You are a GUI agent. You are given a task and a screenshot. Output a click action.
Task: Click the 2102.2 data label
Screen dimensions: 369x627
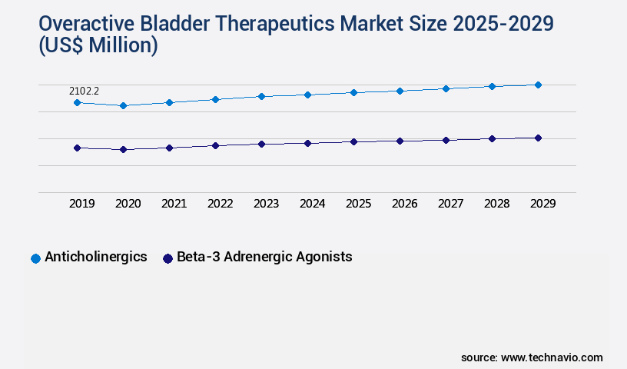(x=85, y=91)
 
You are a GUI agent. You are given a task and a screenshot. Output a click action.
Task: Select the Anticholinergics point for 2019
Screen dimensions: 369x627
(x=77, y=102)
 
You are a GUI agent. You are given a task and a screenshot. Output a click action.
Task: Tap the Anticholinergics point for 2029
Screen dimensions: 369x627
(x=538, y=85)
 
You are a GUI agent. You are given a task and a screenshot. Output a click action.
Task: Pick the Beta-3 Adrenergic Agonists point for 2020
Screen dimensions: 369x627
(x=123, y=149)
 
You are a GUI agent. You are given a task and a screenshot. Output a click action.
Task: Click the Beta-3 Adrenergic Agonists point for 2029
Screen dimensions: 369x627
(x=538, y=138)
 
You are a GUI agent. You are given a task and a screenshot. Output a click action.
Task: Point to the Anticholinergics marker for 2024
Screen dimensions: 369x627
(x=307, y=95)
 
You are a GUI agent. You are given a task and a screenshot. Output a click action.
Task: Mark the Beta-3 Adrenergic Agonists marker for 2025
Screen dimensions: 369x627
(x=353, y=141)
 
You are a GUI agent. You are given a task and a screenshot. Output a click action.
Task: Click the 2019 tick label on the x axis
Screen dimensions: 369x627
(x=82, y=204)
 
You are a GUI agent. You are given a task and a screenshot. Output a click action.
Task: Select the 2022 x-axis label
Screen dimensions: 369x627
(x=221, y=204)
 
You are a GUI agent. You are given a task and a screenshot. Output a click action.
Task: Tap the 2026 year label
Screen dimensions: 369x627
(x=405, y=204)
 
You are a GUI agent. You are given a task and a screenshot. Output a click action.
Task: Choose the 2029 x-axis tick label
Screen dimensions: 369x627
(x=543, y=204)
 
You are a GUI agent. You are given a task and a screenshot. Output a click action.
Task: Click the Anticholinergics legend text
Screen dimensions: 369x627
(x=96, y=257)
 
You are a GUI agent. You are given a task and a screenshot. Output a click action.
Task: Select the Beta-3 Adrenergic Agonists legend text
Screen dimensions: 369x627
(x=264, y=257)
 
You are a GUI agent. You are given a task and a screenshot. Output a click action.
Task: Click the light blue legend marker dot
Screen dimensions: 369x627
(x=35, y=258)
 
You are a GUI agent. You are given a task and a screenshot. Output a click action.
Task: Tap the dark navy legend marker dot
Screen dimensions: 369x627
(x=168, y=258)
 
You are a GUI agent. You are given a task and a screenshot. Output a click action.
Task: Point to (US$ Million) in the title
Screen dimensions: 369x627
(x=97, y=46)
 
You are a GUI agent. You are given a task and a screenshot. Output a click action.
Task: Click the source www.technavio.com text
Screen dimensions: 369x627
(x=532, y=357)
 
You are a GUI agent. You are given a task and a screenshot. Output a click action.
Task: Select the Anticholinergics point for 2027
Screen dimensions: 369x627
(x=446, y=88)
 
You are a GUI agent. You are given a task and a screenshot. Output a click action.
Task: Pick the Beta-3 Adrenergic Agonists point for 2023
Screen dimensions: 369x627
(x=261, y=144)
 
